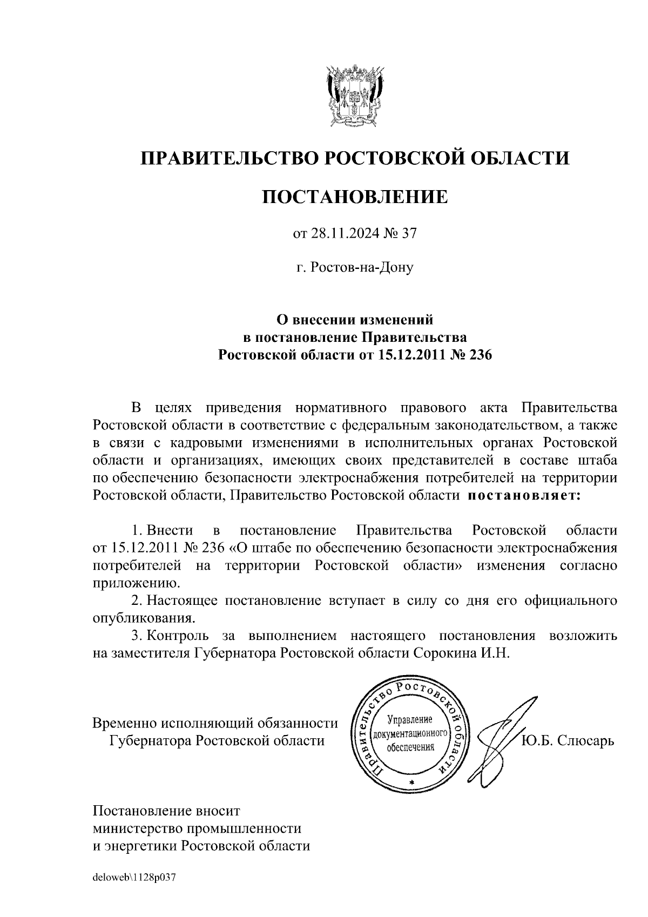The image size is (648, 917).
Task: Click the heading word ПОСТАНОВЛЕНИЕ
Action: [355, 197]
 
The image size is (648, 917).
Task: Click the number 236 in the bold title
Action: [479, 355]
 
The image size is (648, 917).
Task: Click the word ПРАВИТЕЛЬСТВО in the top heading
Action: [228, 158]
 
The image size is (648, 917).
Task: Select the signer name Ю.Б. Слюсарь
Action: [568, 740]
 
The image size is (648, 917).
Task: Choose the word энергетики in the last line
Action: [142, 846]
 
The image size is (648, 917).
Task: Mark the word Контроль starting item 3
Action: [177, 635]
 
